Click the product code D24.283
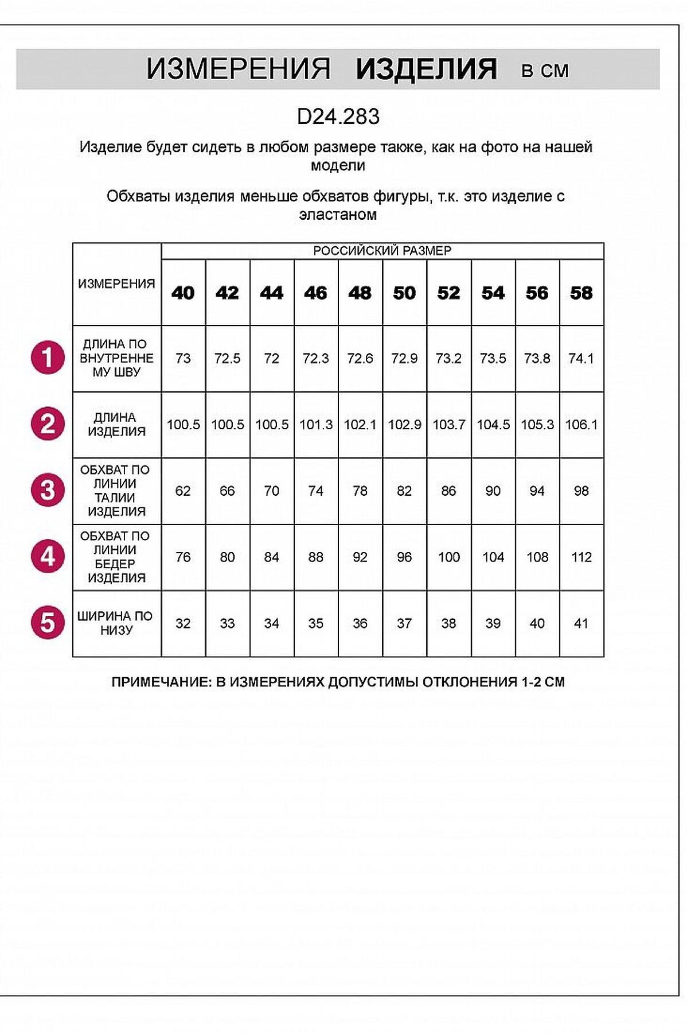tap(338, 116)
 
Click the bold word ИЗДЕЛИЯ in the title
tap(426, 69)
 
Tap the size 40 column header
tap(183, 293)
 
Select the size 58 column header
tap(581, 293)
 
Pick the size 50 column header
tap(404, 293)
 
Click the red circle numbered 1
tap(48, 358)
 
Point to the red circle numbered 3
tap(48, 491)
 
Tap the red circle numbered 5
tap(48, 623)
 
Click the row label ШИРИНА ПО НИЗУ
tap(116, 623)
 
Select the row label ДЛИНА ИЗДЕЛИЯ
tap(116, 425)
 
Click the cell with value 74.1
tap(581, 359)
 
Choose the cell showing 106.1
tap(581, 425)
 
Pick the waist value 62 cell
tap(183, 491)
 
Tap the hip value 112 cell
tap(581, 557)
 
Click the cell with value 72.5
tap(227, 359)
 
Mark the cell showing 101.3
tap(315, 425)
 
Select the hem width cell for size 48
tap(360, 624)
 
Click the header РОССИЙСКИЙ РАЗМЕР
tap(382, 251)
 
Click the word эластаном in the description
tap(338, 215)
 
